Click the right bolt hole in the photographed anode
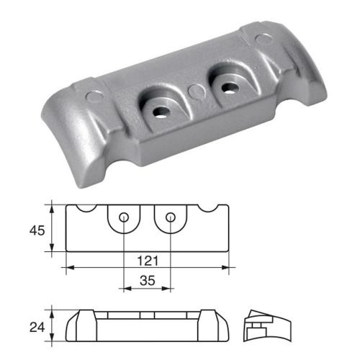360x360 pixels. tap(230, 87)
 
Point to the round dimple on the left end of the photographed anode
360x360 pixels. tap(89, 95)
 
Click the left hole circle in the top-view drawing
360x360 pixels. tap(125, 217)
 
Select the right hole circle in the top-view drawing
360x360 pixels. tap(171, 217)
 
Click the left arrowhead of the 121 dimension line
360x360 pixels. tap(69, 269)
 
